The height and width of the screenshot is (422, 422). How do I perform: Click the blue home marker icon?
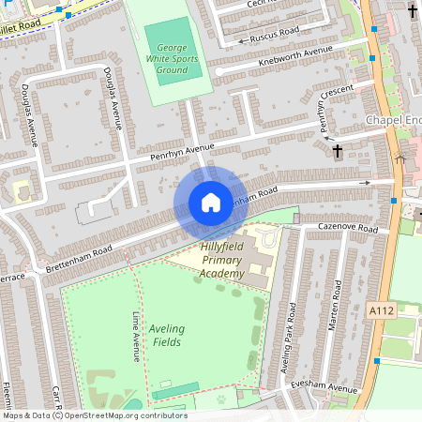(x=211, y=203)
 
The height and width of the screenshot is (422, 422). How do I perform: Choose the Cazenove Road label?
(x=348, y=229)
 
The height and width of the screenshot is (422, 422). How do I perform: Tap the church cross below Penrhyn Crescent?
(x=338, y=149)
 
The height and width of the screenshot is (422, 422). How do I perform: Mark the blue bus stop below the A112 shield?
(x=376, y=360)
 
